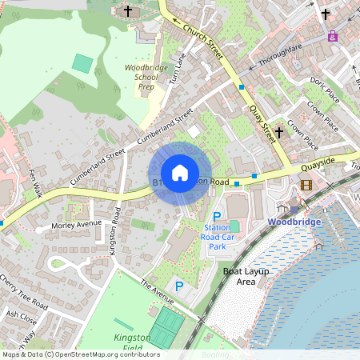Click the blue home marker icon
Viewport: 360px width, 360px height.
180,173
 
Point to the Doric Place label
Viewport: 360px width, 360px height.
325,90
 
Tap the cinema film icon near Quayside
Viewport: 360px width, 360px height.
306,185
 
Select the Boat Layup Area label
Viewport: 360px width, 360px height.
239,277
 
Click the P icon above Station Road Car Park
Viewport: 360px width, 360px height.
216,217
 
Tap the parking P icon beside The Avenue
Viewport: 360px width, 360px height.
179,286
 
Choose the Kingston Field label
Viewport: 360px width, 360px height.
132,343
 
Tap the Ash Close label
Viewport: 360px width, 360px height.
16,314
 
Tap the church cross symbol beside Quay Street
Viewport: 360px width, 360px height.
278,132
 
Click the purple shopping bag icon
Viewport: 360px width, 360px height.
332,36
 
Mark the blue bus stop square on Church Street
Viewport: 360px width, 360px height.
241,86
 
